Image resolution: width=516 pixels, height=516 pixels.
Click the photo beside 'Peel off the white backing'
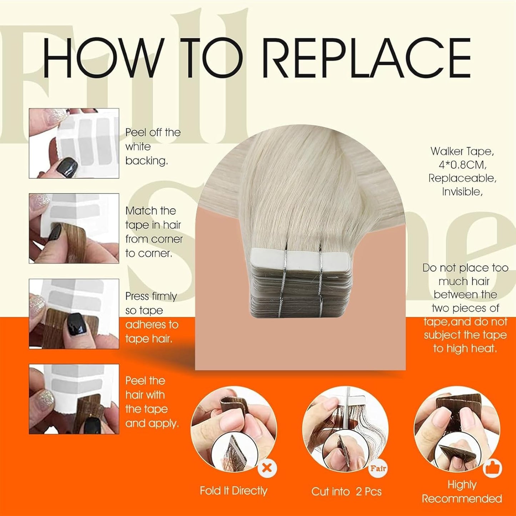pyautogui.click(x=74, y=143)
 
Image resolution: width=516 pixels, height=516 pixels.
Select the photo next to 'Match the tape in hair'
pyautogui.click(x=74, y=228)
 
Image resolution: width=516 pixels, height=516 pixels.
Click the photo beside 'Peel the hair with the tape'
pyautogui.click(x=74, y=399)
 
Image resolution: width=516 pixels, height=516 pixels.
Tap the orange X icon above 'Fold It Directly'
pyautogui.click(x=267, y=467)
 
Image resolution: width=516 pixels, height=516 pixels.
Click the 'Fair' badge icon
pyautogui.click(x=378, y=468)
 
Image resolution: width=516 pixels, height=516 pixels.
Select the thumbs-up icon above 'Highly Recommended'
pyautogui.click(x=493, y=468)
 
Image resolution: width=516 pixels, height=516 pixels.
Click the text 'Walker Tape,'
pyautogui.click(x=462, y=151)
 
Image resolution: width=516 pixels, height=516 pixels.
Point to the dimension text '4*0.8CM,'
pyautogui.click(x=462, y=165)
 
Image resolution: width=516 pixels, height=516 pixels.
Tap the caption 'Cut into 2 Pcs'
pyautogui.click(x=346, y=492)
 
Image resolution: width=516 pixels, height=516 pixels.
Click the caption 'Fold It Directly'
pyautogui.click(x=233, y=491)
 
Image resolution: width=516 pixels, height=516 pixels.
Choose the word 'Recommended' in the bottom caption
pyautogui.click(x=462, y=499)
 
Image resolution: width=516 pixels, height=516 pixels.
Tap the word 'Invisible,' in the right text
pyautogui.click(x=462, y=192)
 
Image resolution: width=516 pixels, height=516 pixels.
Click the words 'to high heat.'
pyautogui.click(x=465, y=349)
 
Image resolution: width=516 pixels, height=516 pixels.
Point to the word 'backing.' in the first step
pyautogui.click(x=146, y=161)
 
